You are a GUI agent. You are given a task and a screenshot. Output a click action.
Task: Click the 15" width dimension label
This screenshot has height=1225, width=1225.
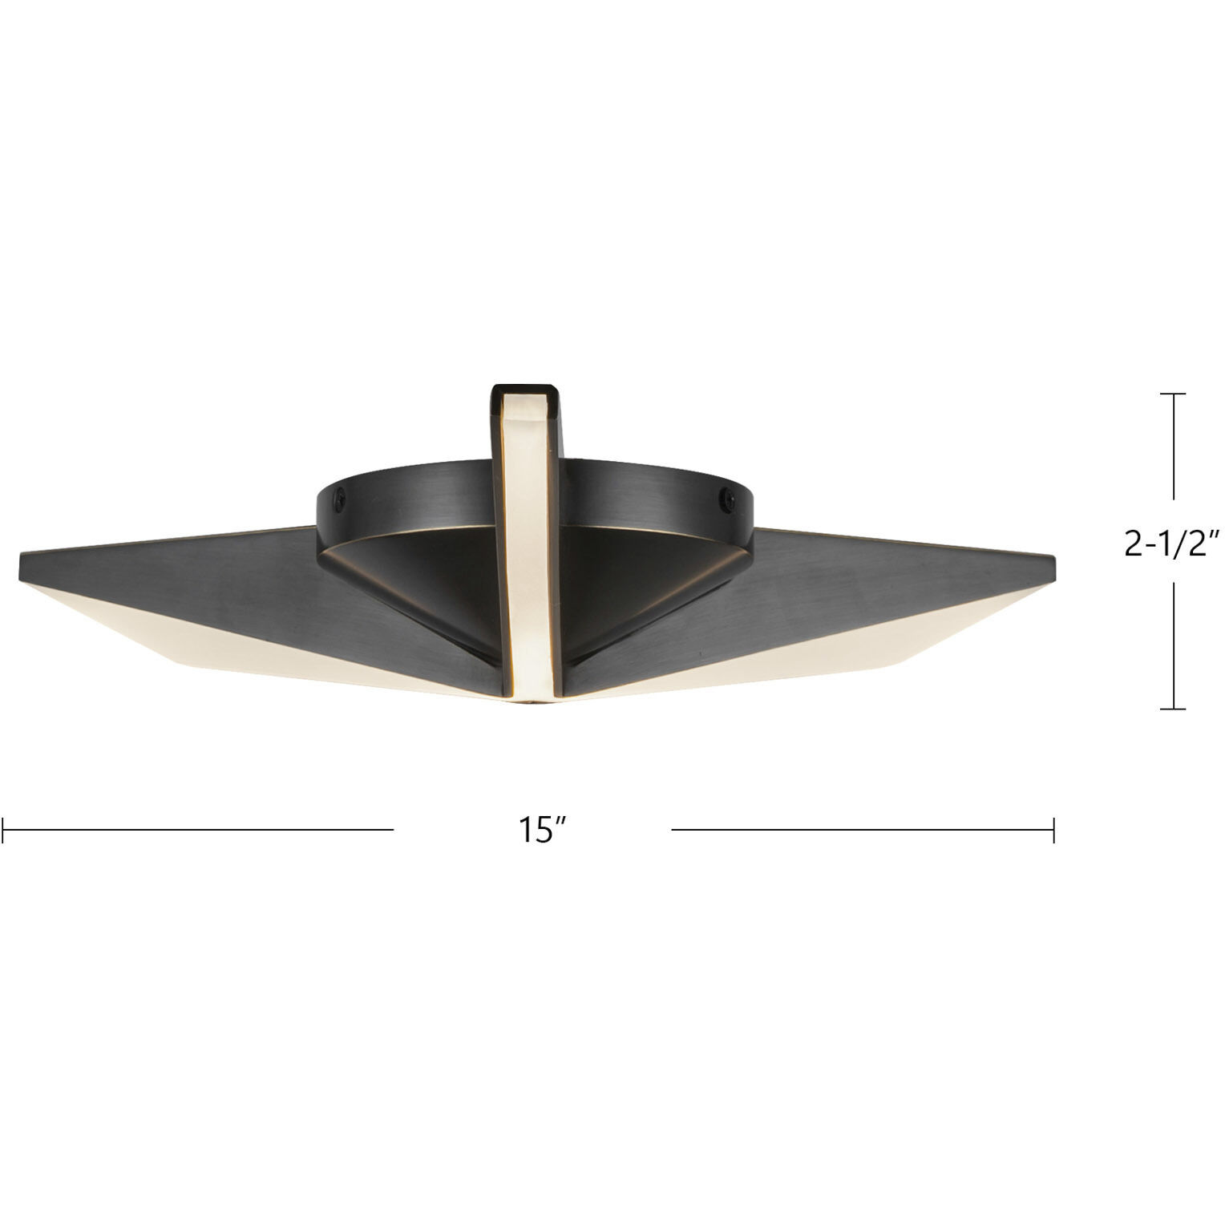coord(536,830)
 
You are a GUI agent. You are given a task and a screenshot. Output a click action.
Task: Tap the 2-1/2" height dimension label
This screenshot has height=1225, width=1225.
coord(1172,544)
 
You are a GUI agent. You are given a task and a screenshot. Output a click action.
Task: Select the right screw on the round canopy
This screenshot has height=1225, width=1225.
coord(729,497)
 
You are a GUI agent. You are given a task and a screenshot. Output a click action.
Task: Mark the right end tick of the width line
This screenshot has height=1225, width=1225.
coord(1053,830)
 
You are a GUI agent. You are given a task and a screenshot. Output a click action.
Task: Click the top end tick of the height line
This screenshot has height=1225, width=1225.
coord(1174,394)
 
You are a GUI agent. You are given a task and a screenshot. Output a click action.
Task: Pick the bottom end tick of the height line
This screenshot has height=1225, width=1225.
coord(1174,709)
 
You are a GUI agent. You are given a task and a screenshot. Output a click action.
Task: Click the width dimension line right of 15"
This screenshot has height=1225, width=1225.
coord(862,830)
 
